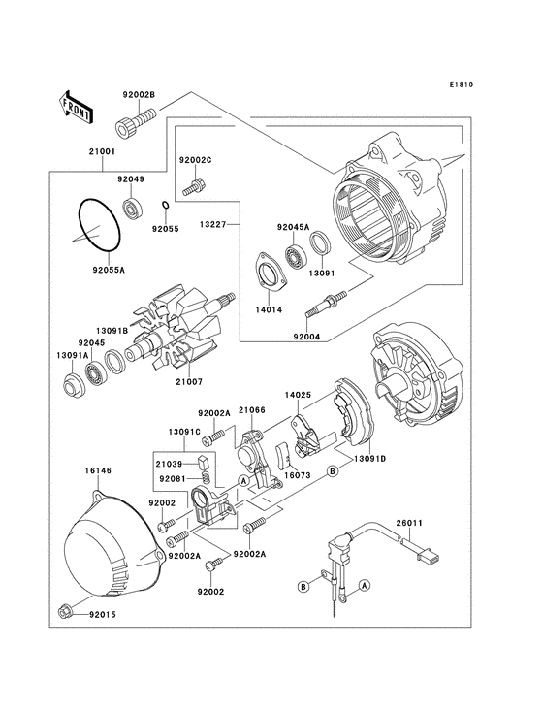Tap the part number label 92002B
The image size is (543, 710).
(x=139, y=94)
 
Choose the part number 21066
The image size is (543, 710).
(x=251, y=412)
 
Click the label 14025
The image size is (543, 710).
(x=297, y=395)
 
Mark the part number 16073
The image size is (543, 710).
(x=296, y=476)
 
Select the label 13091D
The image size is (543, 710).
(x=369, y=457)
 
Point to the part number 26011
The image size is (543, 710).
(x=408, y=524)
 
